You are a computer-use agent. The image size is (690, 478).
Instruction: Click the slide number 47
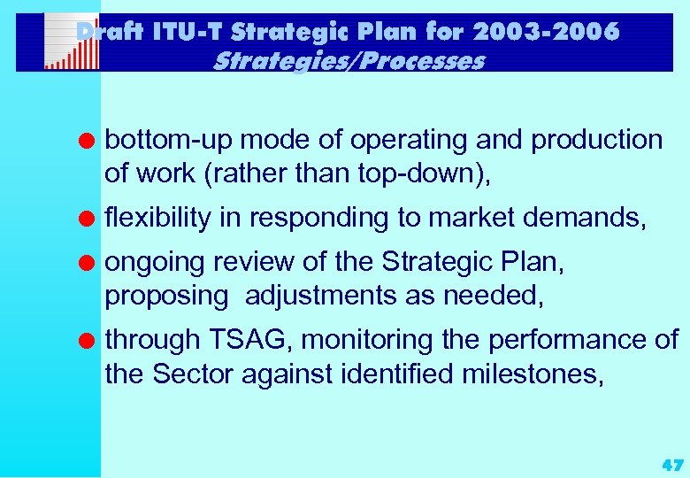[x=671, y=464]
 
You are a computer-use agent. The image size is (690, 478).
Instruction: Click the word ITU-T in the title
[x=183, y=32]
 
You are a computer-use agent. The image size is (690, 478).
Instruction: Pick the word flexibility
[x=158, y=218]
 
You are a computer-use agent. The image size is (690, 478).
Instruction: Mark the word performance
[x=563, y=339]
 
